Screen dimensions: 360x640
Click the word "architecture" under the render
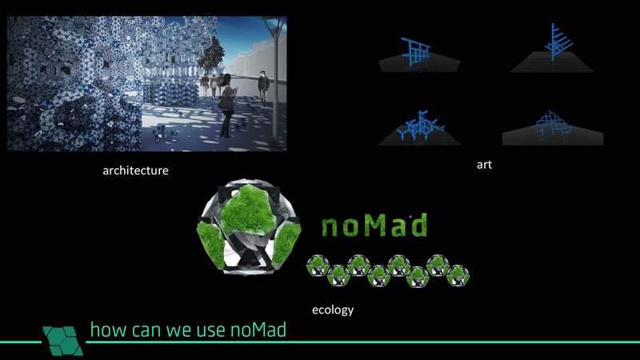pos(135,170)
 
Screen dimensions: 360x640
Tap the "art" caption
pos(483,164)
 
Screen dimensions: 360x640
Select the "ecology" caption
pos(333,309)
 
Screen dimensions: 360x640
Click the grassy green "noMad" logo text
pos(374,226)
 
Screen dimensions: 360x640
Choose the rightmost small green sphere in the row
pos(459,274)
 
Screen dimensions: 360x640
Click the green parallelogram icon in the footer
pos(63,338)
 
